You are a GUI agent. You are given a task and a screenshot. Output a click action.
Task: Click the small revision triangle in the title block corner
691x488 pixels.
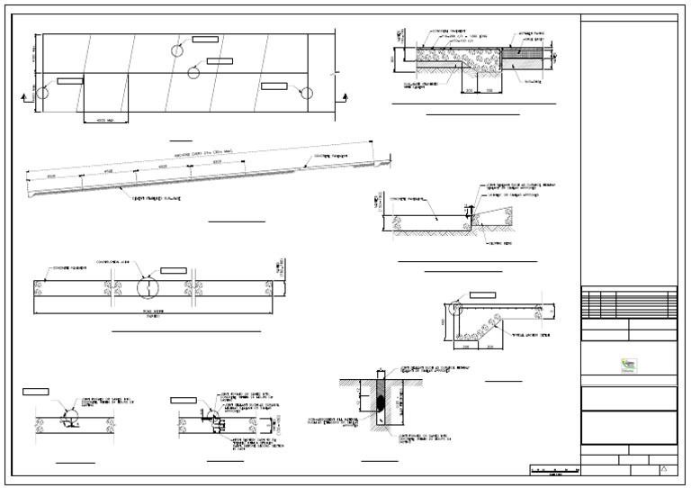click(664, 469)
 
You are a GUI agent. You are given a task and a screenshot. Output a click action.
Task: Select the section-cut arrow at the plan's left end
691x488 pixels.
click(22, 95)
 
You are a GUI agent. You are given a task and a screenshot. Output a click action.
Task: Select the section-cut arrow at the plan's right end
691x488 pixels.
click(346, 95)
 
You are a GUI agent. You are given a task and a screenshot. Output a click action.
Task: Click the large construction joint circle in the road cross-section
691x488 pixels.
click(146, 287)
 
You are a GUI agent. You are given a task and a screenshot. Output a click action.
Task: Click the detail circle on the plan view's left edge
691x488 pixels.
click(41, 92)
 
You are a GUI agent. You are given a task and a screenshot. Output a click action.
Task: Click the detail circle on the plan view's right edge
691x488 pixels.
click(307, 93)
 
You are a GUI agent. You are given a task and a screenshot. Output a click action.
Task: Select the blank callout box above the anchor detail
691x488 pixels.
click(482, 294)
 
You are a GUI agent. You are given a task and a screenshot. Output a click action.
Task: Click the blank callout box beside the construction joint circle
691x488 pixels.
click(174, 270)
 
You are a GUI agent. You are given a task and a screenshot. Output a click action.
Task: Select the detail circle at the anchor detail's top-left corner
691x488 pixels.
click(458, 307)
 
